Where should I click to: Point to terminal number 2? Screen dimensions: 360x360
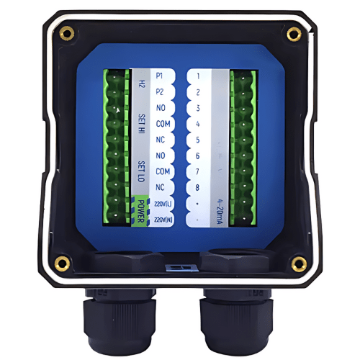(x=197, y=92)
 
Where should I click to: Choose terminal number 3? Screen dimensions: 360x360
(x=197, y=108)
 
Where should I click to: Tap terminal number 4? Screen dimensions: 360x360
(x=197, y=124)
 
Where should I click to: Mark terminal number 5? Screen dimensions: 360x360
(x=197, y=140)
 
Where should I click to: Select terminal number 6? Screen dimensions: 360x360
(x=197, y=156)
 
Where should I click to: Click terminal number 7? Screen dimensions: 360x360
(x=197, y=171)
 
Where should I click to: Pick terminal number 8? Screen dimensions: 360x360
(x=197, y=187)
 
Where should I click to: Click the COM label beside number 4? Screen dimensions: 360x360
(x=163, y=124)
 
